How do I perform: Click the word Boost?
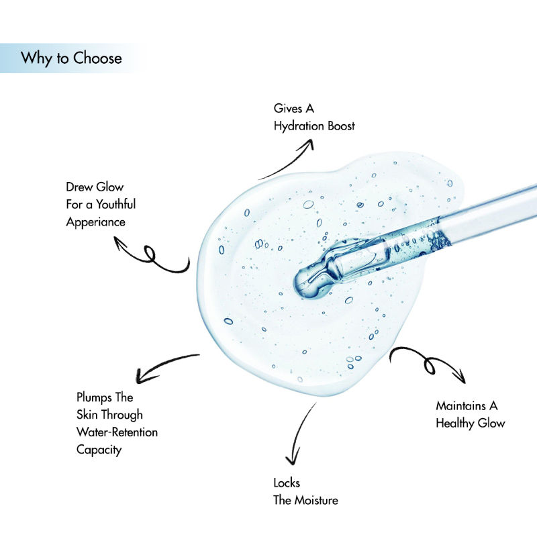pos(342,126)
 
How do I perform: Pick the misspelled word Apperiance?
pos(95,222)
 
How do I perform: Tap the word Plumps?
pos(95,398)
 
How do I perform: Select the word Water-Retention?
pos(117,432)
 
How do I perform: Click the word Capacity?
pos(99,450)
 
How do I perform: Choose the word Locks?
pos(287,483)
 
